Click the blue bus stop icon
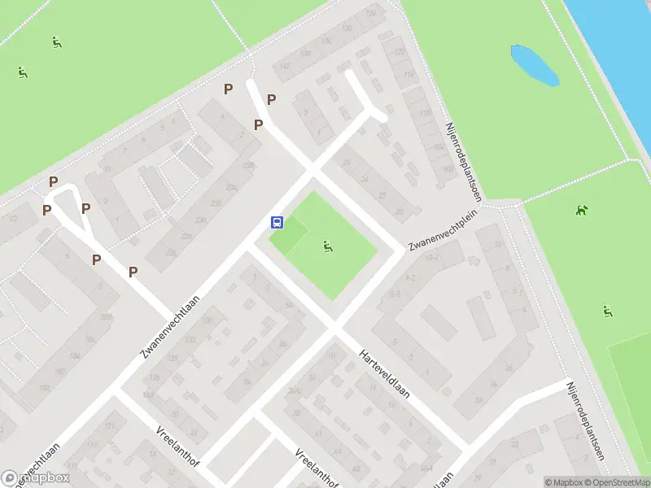click(x=277, y=222)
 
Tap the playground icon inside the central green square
click(x=327, y=246)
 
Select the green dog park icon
click(x=581, y=211)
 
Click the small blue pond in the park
click(x=534, y=65)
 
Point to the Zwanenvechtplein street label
click(x=443, y=232)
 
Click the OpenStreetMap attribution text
click(x=615, y=482)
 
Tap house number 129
click(x=150, y=379)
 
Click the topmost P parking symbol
click(x=229, y=88)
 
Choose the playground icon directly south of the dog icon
click(x=606, y=311)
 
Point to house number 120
click(x=399, y=52)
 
